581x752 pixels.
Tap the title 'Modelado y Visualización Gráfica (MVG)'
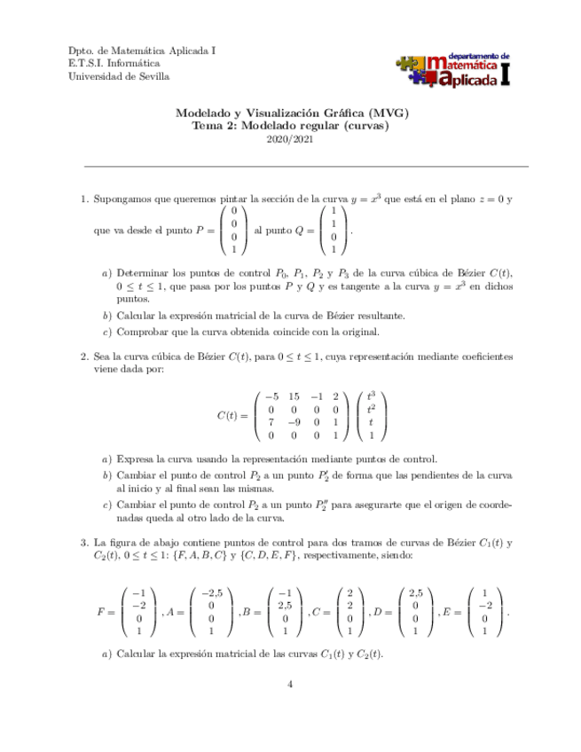[292, 114]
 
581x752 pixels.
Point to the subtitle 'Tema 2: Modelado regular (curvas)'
[292, 126]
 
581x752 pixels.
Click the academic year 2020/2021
[292, 140]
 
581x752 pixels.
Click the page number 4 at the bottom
[291, 684]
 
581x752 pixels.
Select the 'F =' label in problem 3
[105, 612]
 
